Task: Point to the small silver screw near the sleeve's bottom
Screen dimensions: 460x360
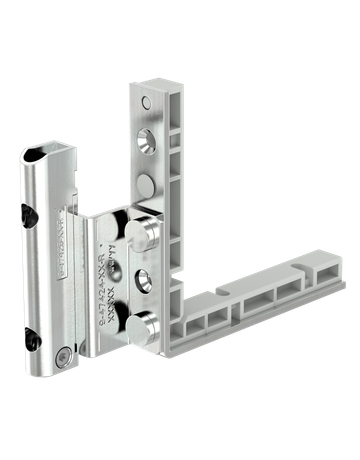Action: coord(64,355)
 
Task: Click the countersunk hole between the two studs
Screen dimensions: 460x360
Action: coord(147,279)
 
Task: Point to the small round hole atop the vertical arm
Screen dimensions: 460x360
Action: coord(147,102)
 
